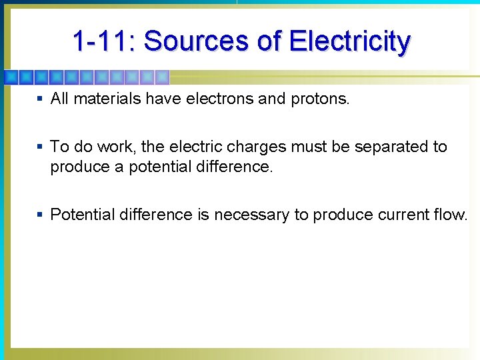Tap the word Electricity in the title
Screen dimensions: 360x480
click(349, 41)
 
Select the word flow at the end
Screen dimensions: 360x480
click(453, 215)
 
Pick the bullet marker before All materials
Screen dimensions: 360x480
click(40, 99)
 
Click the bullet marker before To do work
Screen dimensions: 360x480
click(40, 147)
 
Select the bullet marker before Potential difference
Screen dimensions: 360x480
click(40, 215)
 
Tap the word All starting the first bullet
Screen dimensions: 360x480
click(60, 99)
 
